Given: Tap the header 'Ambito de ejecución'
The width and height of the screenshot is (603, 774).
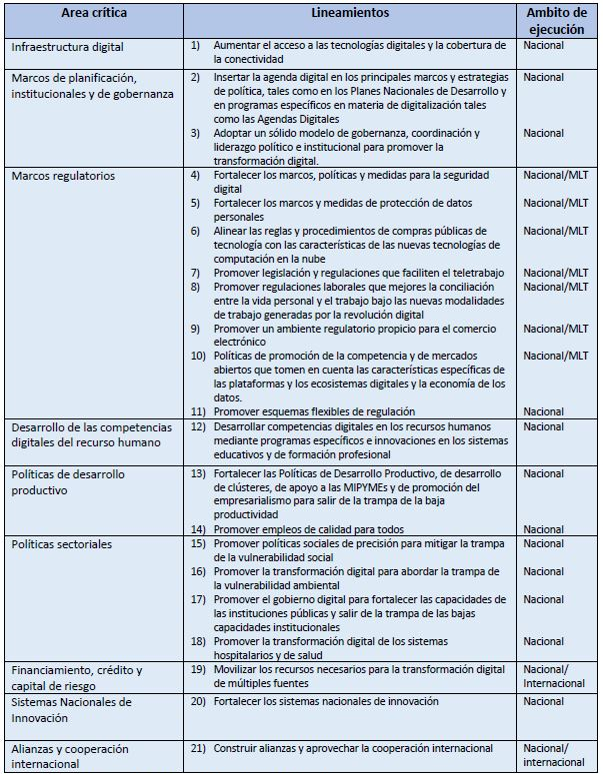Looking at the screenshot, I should (x=557, y=21).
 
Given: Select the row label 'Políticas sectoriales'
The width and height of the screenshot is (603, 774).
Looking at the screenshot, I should (x=62, y=544).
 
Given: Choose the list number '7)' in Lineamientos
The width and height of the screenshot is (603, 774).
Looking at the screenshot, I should (x=196, y=272).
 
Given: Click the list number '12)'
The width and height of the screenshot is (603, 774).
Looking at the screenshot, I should (x=198, y=426).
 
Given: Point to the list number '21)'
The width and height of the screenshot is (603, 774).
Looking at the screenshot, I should (x=198, y=748).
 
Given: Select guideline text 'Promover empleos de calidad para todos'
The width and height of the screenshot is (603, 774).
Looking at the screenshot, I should (x=310, y=528).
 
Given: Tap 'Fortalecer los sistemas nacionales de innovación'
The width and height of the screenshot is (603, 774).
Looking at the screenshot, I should (x=325, y=701).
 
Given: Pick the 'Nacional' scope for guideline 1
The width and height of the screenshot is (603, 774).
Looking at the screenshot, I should (x=544, y=47).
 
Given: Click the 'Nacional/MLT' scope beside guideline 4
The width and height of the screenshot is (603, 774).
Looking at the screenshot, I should (x=557, y=176).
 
